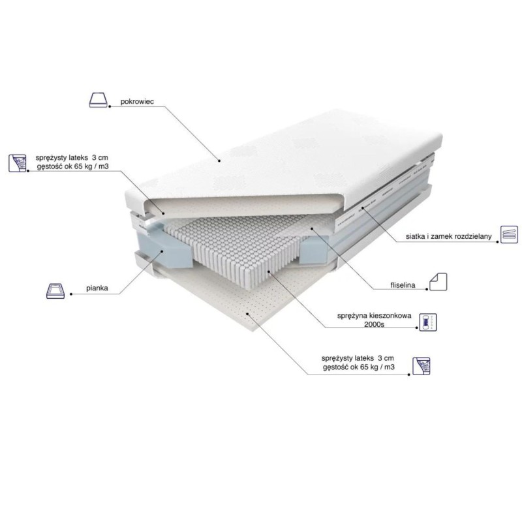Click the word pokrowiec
coord(137,102)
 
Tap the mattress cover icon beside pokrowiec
coord(99,100)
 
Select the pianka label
coord(97,288)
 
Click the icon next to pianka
coord(55,291)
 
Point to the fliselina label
coord(403,285)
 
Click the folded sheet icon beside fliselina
coord(438,282)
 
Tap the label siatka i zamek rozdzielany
coord(449,236)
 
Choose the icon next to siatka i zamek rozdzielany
coord(510,234)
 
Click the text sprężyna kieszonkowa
coord(374,316)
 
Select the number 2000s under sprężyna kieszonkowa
coord(374,324)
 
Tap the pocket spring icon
coord(428,322)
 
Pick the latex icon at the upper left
coord(18,162)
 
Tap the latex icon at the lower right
coord(421,366)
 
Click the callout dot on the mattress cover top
coord(220,161)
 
